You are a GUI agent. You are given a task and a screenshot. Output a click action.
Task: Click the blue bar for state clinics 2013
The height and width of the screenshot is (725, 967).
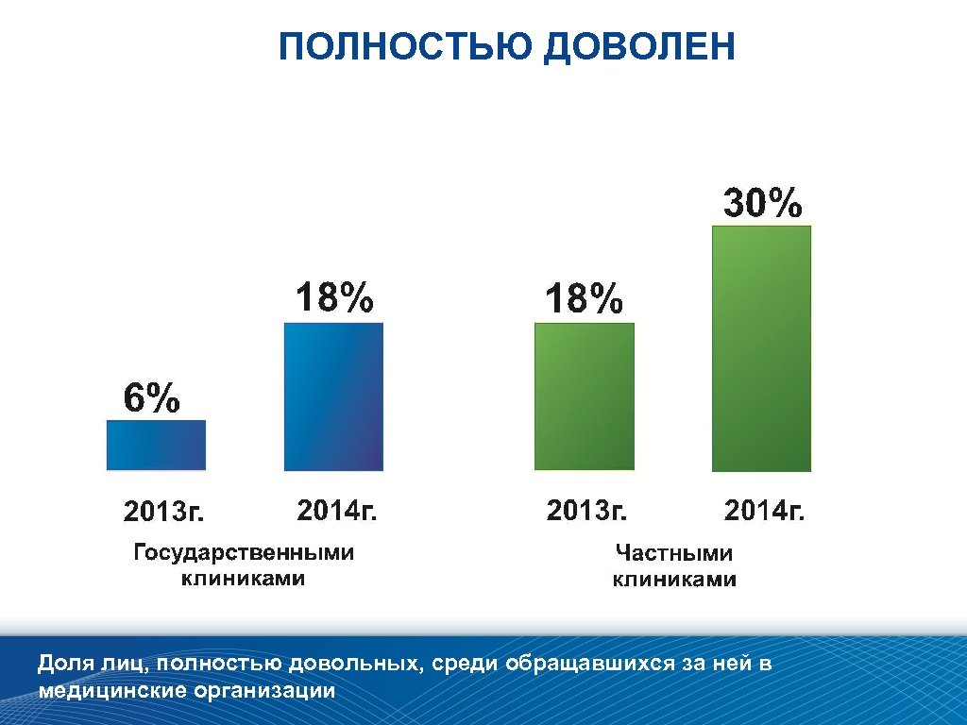point(156,445)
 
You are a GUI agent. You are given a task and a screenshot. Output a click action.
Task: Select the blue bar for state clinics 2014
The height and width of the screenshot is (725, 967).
point(333,396)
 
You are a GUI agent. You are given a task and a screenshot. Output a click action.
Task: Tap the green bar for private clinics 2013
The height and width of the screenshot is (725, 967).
point(584,396)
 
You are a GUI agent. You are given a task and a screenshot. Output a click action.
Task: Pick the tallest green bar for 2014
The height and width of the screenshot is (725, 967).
point(761,348)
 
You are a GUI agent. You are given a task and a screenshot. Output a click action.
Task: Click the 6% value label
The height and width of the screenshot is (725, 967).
point(151,399)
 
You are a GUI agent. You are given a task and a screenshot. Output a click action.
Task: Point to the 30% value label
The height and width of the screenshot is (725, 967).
point(763,204)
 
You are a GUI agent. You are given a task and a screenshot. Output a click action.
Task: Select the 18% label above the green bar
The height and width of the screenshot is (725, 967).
point(584,300)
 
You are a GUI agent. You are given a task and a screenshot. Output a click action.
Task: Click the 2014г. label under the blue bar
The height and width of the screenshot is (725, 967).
point(337,512)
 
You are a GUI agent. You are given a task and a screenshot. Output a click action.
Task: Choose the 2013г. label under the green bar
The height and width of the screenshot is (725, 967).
point(586,512)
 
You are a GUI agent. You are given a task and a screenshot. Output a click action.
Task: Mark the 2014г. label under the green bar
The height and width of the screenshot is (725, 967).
point(764,512)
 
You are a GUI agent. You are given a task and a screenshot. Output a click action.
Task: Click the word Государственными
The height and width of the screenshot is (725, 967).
point(244,553)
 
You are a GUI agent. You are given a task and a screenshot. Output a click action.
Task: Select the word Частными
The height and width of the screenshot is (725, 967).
point(673,553)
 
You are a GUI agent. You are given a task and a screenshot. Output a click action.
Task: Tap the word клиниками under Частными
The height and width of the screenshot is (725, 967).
point(673,580)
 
